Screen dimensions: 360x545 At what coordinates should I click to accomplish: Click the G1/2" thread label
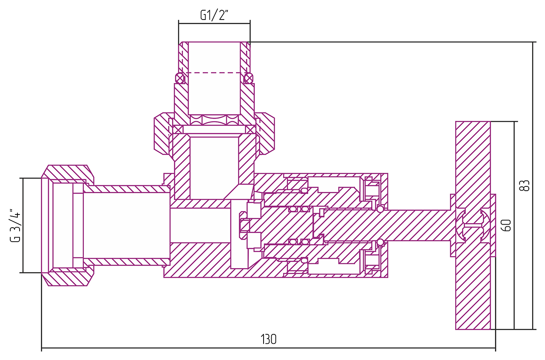pos(214,16)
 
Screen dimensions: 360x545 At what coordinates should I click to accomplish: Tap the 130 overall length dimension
pos(268,339)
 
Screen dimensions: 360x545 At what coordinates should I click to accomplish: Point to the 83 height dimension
pos(526,186)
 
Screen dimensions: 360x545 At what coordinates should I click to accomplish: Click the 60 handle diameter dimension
pos(506,225)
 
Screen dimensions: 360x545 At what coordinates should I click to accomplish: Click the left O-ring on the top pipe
pos(180,78)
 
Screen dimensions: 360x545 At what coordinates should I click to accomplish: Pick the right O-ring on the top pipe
pos(249,78)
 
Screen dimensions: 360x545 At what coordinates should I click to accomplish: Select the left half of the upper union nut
pos(162,134)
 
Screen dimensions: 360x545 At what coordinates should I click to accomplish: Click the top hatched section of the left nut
pos(67,173)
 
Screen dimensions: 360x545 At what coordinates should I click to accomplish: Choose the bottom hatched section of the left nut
pos(67,278)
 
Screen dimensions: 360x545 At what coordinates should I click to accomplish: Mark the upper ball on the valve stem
pos(380,209)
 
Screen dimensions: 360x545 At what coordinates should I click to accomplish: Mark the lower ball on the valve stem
pos(380,243)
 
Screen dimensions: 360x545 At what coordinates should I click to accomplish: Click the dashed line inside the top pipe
pos(214,73)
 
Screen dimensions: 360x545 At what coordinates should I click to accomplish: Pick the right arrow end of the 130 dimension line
pos(495,349)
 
